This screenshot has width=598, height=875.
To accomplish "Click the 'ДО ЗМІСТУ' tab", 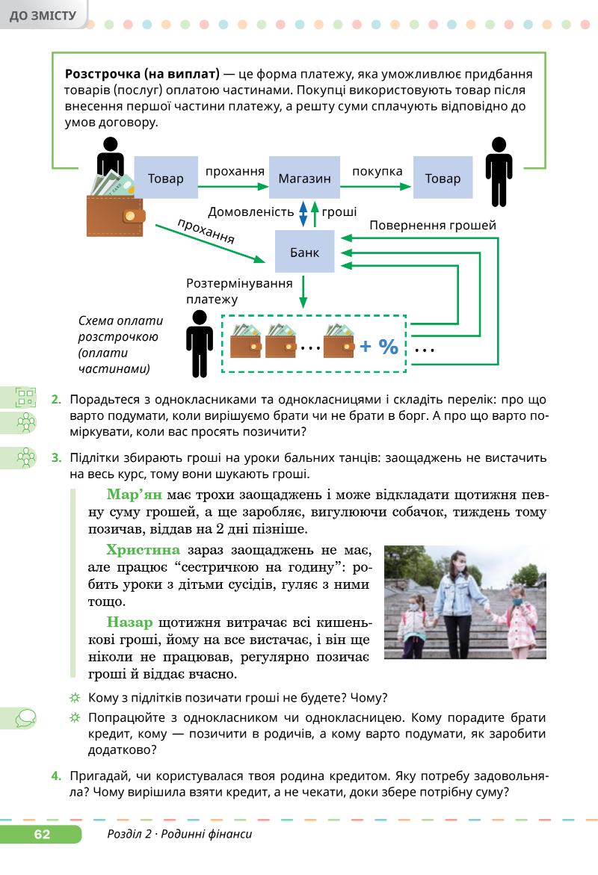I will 43,15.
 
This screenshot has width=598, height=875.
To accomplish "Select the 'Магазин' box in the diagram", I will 304,179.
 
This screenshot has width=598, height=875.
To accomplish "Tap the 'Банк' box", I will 304,252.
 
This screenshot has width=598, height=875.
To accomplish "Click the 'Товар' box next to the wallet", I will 165,179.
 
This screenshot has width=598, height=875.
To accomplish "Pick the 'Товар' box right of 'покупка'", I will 443,179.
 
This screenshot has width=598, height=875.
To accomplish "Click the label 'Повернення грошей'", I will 433,224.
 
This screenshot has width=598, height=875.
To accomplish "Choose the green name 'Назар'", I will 130,622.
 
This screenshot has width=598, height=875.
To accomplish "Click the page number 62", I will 41,835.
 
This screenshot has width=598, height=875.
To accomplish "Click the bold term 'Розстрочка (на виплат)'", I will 142,75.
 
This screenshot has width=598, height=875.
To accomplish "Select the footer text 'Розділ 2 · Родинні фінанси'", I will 179,835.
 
